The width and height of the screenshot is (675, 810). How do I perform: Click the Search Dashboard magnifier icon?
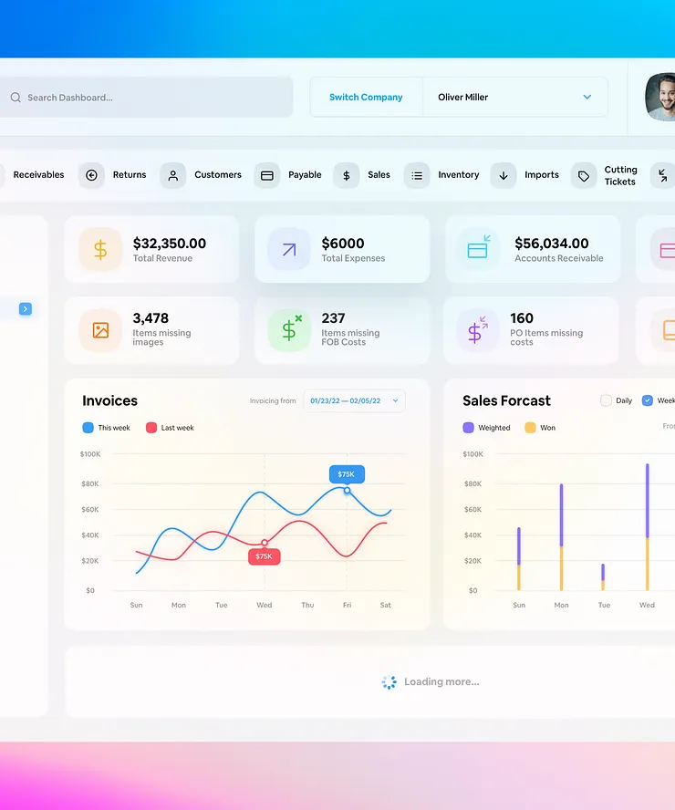(16, 98)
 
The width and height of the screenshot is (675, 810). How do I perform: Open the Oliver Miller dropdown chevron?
(587, 97)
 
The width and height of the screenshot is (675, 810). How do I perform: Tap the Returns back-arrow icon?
(91, 175)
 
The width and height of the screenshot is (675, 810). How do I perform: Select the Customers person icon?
(173, 176)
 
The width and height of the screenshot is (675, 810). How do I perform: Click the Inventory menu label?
(459, 174)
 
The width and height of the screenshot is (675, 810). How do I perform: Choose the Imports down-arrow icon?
(504, 176)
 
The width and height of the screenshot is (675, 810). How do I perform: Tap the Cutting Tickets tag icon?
(584, 176)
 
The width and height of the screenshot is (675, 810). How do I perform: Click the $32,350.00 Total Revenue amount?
(170, 243)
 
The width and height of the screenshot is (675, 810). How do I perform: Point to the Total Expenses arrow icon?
(289, 250)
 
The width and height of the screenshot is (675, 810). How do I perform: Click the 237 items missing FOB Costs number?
(333, 317)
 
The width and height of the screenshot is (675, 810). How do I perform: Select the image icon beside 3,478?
(100, 330)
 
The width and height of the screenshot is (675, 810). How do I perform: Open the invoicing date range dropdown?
(354, 400)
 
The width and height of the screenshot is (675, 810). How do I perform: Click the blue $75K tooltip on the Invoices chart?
(347, 474)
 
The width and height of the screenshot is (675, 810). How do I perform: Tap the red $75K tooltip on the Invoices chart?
(264, 556)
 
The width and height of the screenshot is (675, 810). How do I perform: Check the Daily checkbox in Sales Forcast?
(606, 400)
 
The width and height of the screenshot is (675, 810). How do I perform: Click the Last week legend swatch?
(151, 428)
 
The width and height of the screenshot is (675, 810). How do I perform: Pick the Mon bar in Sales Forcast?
(561, 537)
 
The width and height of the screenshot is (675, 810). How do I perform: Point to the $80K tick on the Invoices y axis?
(90, 483)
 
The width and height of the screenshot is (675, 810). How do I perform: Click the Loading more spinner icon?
(389, 682)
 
